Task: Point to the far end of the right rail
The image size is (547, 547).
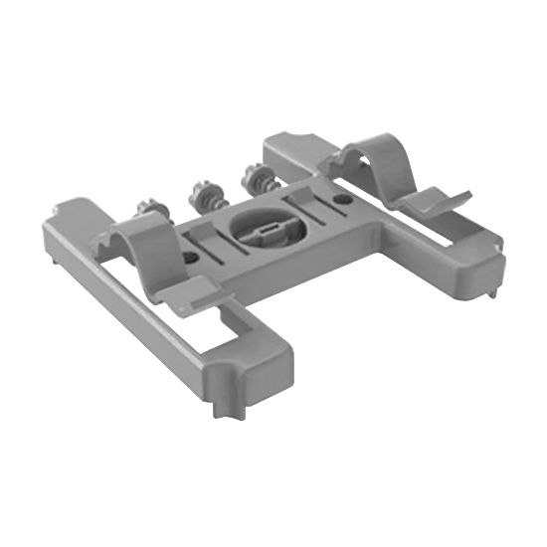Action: [283, 145]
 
